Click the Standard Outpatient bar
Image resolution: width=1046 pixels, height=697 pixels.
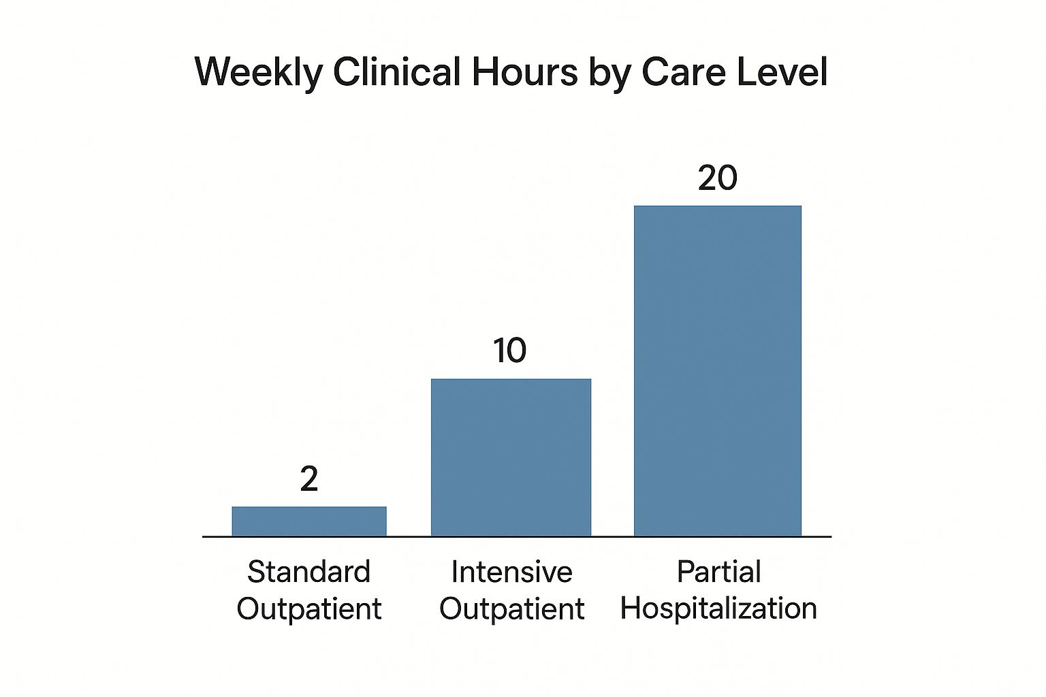click(309, 521)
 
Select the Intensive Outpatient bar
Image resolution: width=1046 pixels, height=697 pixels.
click(511, 457)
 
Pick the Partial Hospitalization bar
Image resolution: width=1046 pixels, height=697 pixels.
click(717, 371)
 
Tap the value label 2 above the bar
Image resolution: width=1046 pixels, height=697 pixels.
click(309, 479)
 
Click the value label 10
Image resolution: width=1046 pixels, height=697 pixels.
click(510, 351)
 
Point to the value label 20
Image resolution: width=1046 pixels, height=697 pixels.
click(718, 178)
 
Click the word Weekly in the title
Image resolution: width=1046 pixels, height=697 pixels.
click(259, 71)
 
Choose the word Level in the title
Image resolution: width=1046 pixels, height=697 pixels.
click(782, 71)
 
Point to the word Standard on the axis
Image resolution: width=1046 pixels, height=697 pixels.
click(308, 572)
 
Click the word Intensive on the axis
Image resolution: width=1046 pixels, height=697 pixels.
click(511, 572)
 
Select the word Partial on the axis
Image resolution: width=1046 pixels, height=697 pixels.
click(718, 572)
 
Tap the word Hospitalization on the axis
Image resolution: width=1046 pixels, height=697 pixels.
click(718, 608)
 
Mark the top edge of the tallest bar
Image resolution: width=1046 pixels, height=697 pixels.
click(717, 206)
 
